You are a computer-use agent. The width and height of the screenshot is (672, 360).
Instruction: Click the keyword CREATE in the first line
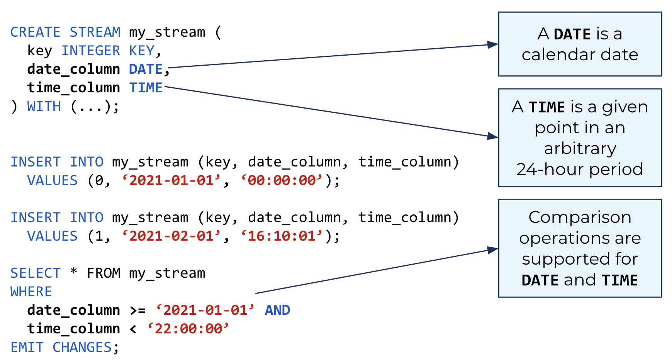click(35, 32)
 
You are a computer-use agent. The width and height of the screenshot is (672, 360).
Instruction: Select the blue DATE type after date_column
click(146, 69)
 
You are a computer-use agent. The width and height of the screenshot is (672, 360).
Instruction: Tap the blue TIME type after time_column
click(146, 88)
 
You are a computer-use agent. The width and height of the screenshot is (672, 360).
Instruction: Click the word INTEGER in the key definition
click(91, 51)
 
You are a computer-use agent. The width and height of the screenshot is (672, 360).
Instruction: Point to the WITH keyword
click(44, 106)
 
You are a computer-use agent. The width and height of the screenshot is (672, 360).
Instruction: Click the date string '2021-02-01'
click(171, 236)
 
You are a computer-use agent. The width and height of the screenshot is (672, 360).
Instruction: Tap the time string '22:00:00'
click(188, 329)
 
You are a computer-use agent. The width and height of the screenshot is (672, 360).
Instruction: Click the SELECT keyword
click(35, 273)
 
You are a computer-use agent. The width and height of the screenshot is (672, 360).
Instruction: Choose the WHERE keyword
click(31, 292)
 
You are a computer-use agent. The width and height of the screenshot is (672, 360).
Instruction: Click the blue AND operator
click(277, 310)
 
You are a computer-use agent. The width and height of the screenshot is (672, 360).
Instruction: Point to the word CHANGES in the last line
click(82, 347)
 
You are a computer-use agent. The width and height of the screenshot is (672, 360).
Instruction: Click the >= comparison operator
click(137, 311)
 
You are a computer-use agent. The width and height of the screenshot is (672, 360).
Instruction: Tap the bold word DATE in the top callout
click(572, 34)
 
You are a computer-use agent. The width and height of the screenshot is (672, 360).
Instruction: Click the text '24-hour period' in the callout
click(580, 169)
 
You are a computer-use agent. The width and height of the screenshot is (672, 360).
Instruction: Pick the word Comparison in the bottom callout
click(580, 217)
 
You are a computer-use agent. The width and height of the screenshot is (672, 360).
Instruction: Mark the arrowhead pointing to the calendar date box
click(493, 44)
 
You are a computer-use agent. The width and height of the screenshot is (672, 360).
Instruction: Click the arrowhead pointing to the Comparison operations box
click(493, 250)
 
